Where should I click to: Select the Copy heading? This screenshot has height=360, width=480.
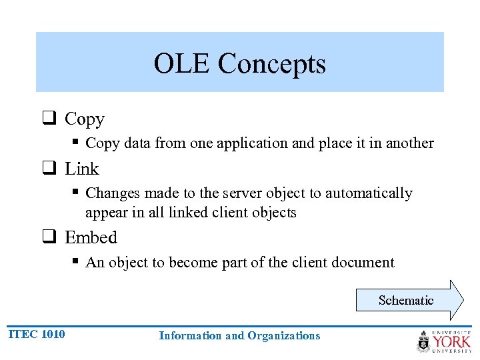pyautogui.click(x=85, y=119)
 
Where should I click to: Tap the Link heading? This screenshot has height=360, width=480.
pyautogui.click(x=81, y=169)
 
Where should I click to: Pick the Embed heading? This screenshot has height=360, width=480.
pyautogui.click(x=91, y=238)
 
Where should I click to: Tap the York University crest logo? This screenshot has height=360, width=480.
pyautogui.click(x=423, y=341)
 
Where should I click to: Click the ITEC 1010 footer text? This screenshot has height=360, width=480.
pyautogui.click(x=37, y=334)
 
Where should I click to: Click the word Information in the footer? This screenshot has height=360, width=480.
pyautogui.click(x=191, y=336)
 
